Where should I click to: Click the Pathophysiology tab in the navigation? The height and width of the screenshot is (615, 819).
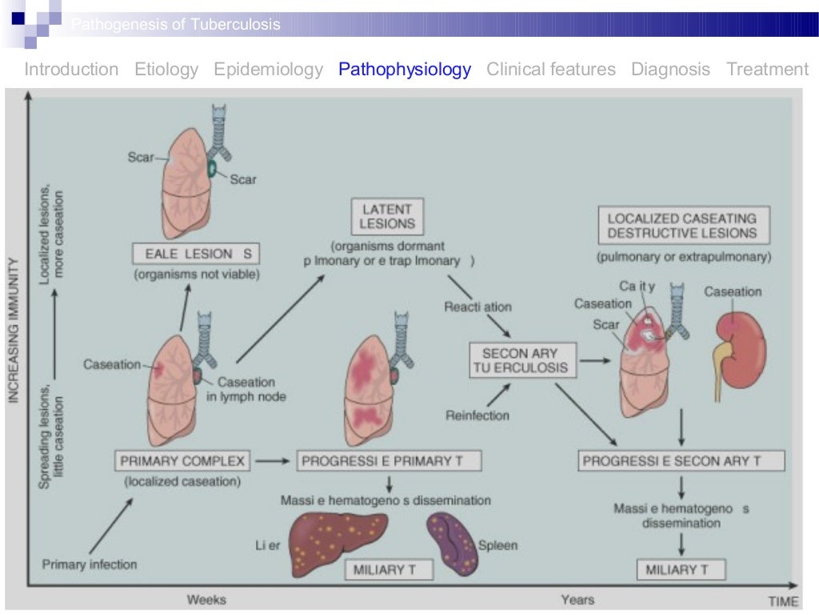pyautogui.click(x=405, y=70)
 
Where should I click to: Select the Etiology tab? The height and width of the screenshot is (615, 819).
pyautogui.click(x=166, y=70)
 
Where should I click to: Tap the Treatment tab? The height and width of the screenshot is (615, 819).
pyautogui.click(x=767, y=70)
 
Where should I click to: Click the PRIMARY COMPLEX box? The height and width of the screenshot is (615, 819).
pyautogui.click(x=182, y=461)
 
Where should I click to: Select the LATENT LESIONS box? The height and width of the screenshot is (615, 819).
pyautogui.click(x=387, y=216)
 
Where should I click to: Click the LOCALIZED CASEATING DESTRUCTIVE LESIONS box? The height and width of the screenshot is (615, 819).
pyautogui.click(x=681, y=225)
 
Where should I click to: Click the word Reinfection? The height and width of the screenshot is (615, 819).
pyautogui.click(x=477, y=415)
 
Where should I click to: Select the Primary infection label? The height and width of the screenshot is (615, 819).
pyautogui.click(x=90, y=565)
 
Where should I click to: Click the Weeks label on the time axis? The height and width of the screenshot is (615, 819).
pyautogui.click(x=206, y=599)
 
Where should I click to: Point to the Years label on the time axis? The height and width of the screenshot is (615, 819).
pyautogui.click(x=577, y=599)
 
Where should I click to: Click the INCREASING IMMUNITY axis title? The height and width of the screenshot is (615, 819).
pyautogui.click(x=14, y=330)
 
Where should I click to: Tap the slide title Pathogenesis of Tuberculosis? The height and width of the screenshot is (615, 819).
pyautogui.click(x=176, y=26)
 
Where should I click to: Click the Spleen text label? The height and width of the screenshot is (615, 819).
pyautogui.click(x=497, y=546)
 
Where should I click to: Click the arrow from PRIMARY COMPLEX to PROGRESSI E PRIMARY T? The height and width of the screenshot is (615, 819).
pyautogui.click(x=272, y=461)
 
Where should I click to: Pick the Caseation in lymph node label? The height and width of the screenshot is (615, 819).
pyautogui.click(x=246, y=388)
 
